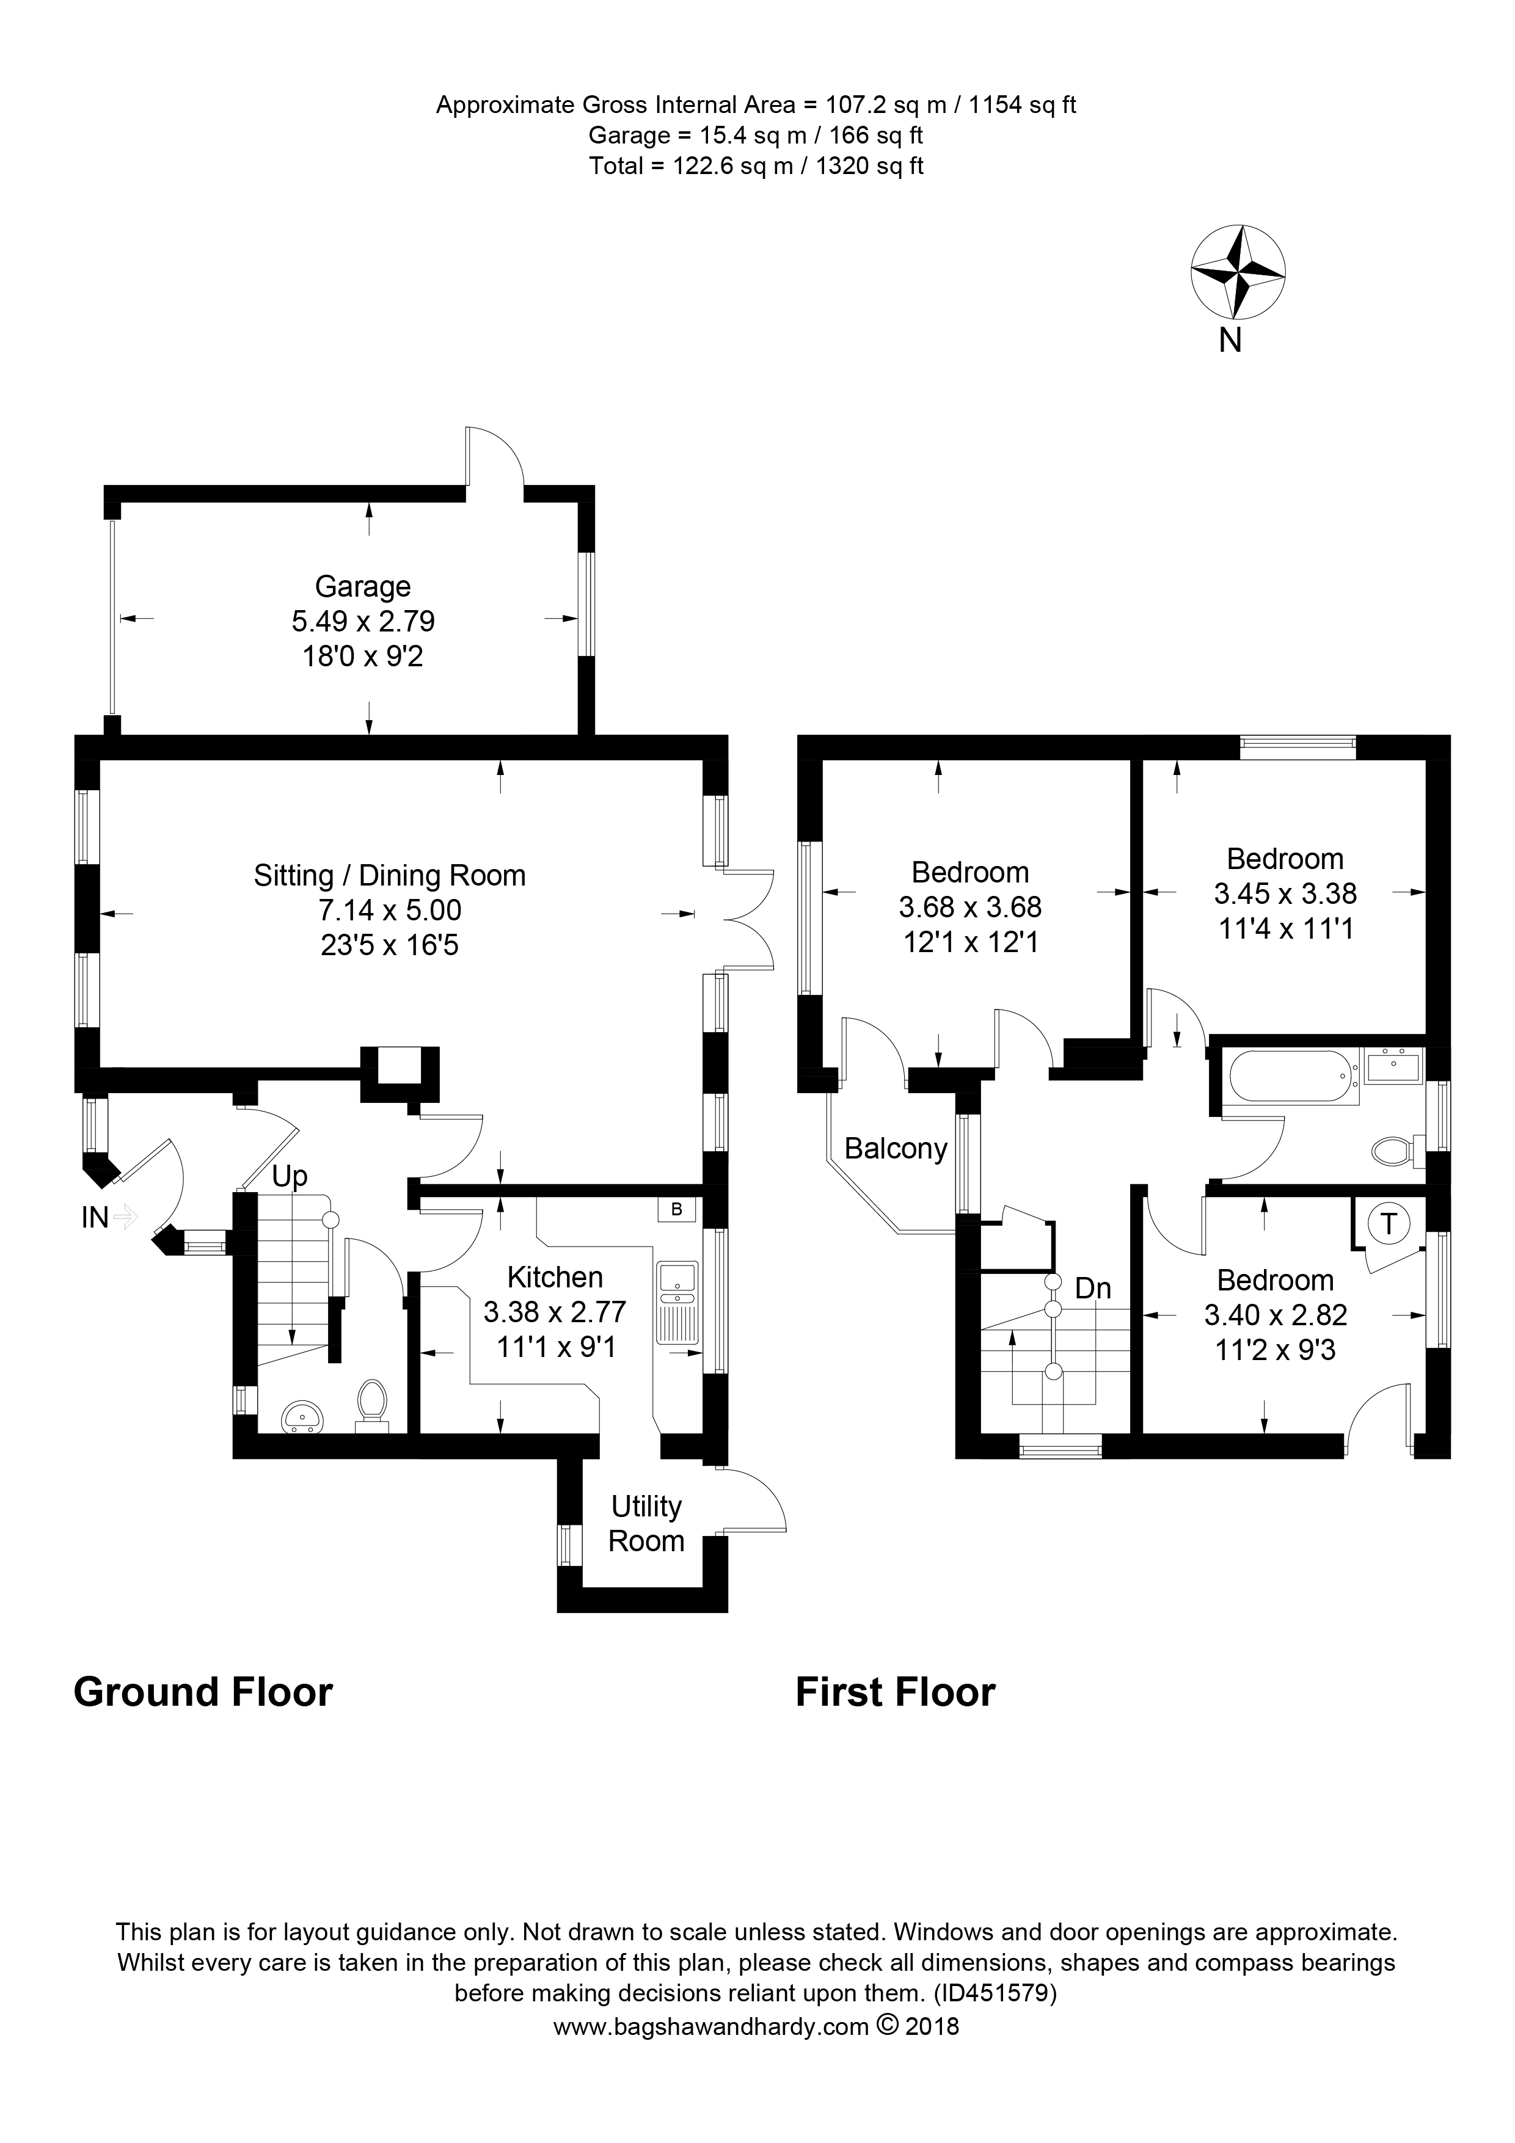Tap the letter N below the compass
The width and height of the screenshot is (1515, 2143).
(x=1230, y=341)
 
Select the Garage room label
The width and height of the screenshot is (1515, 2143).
(x=362, y=586)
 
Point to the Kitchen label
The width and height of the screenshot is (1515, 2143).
(x=555, y=1277)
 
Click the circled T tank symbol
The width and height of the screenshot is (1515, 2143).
(x=1389, y=1223)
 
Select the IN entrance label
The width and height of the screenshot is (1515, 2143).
(x=95, y=1217)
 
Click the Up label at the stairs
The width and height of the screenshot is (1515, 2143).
(x=290, y=1176)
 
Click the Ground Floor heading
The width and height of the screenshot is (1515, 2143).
(x=203, y=1692)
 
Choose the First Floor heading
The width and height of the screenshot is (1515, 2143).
(x=895, y=1692)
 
